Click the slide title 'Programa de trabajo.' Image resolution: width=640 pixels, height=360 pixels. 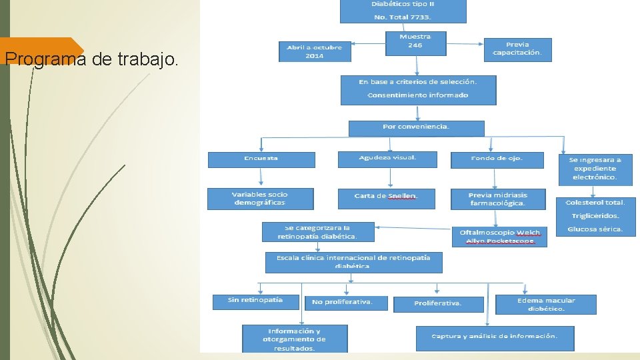tap(91, 60)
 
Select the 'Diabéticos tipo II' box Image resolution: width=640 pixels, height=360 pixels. tap(403, 11)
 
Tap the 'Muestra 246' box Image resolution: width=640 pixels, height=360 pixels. tap(415, 41)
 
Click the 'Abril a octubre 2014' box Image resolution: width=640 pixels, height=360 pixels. tap(314, 51)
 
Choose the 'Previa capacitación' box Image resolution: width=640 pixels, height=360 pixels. tap(517, 49)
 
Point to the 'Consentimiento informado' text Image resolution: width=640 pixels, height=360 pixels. tap(418, 95)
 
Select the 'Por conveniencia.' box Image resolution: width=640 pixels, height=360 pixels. tap(416, 127)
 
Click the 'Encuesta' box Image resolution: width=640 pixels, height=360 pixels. tap(261, 159)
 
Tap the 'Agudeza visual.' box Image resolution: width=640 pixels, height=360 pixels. tap(387, 159)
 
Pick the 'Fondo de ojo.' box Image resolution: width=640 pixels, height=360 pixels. tap(497, 159)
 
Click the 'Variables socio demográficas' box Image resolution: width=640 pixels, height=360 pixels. tap(259, 199)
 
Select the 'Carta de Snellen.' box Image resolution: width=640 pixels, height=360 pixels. tap(386, 198)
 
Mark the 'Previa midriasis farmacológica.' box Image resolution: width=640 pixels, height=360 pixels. tap(497, 199)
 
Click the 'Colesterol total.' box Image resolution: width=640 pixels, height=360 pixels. tap(595, 202)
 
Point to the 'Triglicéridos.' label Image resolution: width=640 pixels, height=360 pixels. tap(595, 216)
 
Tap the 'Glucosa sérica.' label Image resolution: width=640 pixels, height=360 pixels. tap(595, 229)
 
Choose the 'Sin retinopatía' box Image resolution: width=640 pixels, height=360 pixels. tap(255, 301)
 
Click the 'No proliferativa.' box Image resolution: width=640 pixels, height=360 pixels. tap(347, 303)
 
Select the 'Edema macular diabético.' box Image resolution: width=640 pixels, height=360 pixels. tap(545, 305)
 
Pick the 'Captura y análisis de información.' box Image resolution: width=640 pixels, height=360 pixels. tap(494, 337)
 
